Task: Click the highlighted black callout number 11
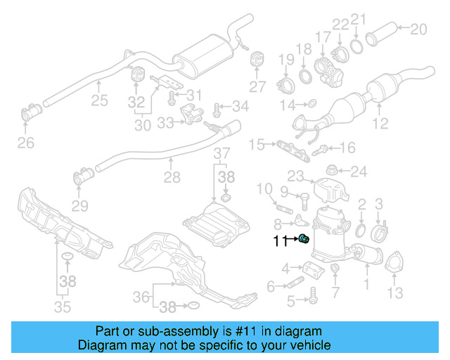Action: click(281, 241)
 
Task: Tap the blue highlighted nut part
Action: click(304, 240)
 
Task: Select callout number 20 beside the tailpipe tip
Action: click(418, 30)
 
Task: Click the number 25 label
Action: click(99, 100)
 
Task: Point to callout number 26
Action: click(25, 144)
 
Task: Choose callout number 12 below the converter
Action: click(380, 124)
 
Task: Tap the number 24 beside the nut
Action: click(359, 171)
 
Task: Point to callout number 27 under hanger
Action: click(257, 86)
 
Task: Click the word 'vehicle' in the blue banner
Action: click(304, 345)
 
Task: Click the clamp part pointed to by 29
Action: click(79, 179)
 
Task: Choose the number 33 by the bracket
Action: click(165, 123)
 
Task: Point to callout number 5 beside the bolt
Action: click(290, 302)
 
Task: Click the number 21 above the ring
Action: click(359, 19)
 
